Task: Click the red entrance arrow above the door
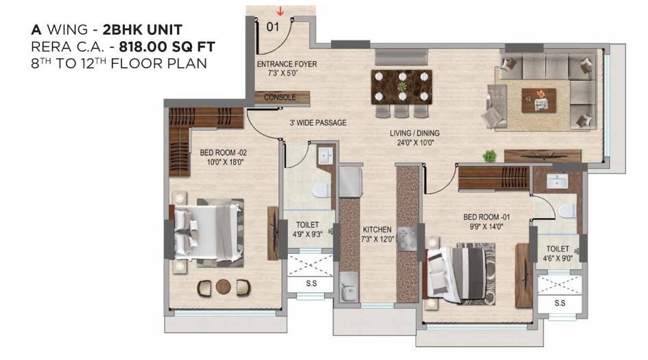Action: click(x=280, y=10)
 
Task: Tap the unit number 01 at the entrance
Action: click(x=273, y=28)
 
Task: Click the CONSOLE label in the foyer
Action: click(x=280, y=97)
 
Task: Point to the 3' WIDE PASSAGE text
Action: click(x=317, y=123)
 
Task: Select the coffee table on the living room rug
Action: click(x=538, y=100)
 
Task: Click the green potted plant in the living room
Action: click(x=489, y=156)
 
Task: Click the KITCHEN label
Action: click(x=377, y=230)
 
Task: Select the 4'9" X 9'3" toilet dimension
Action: click(x=307, y=239)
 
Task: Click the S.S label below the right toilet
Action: click(x=559, y=302)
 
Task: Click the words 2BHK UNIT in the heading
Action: click(x=144, y=30)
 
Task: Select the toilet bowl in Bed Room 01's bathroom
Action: click(x=567, y=210)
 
